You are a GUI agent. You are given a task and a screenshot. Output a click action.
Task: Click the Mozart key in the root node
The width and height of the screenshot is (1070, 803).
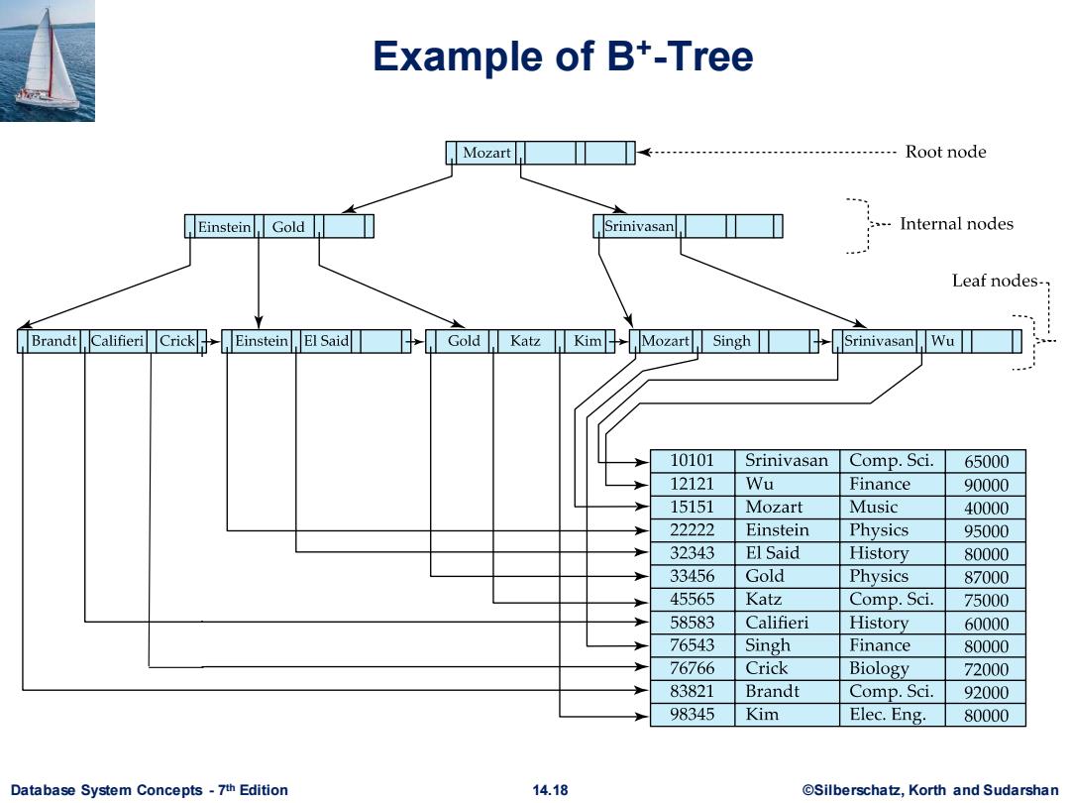pyautogui.click(x=486, y=153)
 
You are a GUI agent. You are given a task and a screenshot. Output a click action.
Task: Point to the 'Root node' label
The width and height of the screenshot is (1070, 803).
pyautogui.click(x=945, y=152)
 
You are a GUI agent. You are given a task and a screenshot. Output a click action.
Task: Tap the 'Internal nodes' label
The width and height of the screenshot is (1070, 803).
pyautogui.click(x=956, y=224)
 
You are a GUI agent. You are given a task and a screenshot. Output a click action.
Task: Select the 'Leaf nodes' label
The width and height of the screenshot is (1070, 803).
pyautogui.click(x=995, y=280)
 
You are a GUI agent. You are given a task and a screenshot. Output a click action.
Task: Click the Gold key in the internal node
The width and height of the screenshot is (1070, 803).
pyautogui.click(x=288, y=227)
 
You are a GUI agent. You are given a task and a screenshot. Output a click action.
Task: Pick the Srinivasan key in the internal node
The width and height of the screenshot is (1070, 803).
pyautogui.click(x=639, y=226)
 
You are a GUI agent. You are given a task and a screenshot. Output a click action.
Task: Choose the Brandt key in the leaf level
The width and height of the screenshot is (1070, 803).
pyautogui.click(x=53, y=341)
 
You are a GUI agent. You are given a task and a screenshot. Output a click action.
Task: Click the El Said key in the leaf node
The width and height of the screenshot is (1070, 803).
pyautogui.click(x=326, y=341)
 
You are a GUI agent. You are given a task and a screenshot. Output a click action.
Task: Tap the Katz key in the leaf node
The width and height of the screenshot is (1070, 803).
pyautogui.click(x=525, y=341)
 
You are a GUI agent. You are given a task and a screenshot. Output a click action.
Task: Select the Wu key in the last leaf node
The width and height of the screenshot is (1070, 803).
pyautogui.click(x=942, y=341)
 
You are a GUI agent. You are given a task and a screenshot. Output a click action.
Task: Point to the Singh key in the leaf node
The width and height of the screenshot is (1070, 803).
pyautogui.click(x=731, y=341)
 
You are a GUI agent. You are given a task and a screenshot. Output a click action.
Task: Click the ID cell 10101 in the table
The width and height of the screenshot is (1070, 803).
pyautogui.click(x=692, y=461)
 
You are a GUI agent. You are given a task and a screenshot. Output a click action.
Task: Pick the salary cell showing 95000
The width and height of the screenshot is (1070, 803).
pyautogui.click(x=986, y=531)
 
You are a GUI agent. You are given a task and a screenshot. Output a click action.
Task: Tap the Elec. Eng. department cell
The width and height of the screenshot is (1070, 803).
pyautogui.click(x=887, y=714)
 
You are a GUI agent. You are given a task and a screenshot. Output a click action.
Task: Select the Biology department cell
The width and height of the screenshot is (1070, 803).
pyautogui.click(x=879, y=668)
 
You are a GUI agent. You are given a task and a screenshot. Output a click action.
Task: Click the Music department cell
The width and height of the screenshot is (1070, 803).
pyautogui.click(x=873, y=508)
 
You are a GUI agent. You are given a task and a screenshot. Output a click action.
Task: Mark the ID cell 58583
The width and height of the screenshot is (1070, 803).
pyautogui.click(x=692, y=623)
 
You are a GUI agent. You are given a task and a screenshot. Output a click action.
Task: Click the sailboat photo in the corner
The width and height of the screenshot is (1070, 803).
pyautogui.click(x=48, y=60)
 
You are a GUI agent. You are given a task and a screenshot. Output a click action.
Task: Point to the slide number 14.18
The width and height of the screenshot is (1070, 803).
pyautogui.click(x=550, y=790)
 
